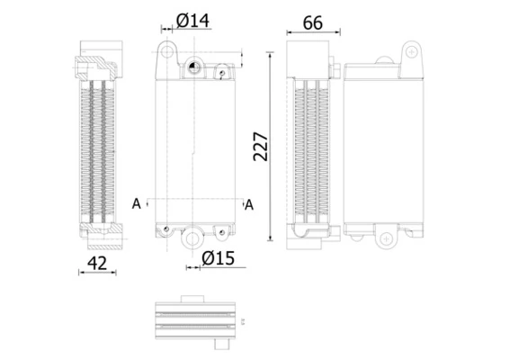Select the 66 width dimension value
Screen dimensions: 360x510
(x=312, y=23)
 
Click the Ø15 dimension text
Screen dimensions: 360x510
(x=218, y=258)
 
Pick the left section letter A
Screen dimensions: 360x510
(x=136, y=203)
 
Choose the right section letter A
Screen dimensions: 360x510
(x=249, y=204)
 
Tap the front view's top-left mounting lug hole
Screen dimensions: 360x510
(x=166, y=49)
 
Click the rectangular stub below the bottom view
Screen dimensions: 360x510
(x=221, y=345)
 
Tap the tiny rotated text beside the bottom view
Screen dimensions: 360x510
(x=243, y=319)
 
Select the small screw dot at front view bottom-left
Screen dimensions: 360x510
(x=166, y=229)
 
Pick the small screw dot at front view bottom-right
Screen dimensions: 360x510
(x=220, y=229)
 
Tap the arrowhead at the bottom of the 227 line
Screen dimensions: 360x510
(x=270, y=238)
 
